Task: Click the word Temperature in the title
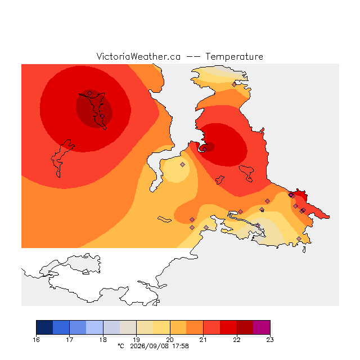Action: click(x=234, y=56)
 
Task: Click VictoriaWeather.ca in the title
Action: click(x=138, y=56)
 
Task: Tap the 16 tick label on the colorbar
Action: click(x=36, y=340)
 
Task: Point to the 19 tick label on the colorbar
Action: click(x=136, y=340)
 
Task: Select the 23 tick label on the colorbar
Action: click(x=270, y=340)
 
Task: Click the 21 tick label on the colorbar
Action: click(x=203, y=340)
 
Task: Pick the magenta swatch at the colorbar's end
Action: click(x=262, y=327)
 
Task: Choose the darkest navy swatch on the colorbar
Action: click(x=44, y=327)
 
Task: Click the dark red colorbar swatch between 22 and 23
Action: click(x=245, y=327)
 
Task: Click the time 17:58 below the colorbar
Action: click(x=181, y=346)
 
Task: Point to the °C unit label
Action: click(x=121, y=346)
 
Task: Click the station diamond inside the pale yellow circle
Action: click(x=182, y=164)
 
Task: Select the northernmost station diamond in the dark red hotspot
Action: click(x=90, y=93)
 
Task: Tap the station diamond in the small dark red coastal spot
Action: click(x=205, y=149)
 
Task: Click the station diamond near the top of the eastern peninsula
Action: click(x=234, y=85)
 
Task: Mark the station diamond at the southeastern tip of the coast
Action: click(x=299, y=238)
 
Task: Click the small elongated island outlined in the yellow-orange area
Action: click(x=164, y=219)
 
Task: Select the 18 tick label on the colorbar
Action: click(x=103, y=340)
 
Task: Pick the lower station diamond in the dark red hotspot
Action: click(x=102, y=116)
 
